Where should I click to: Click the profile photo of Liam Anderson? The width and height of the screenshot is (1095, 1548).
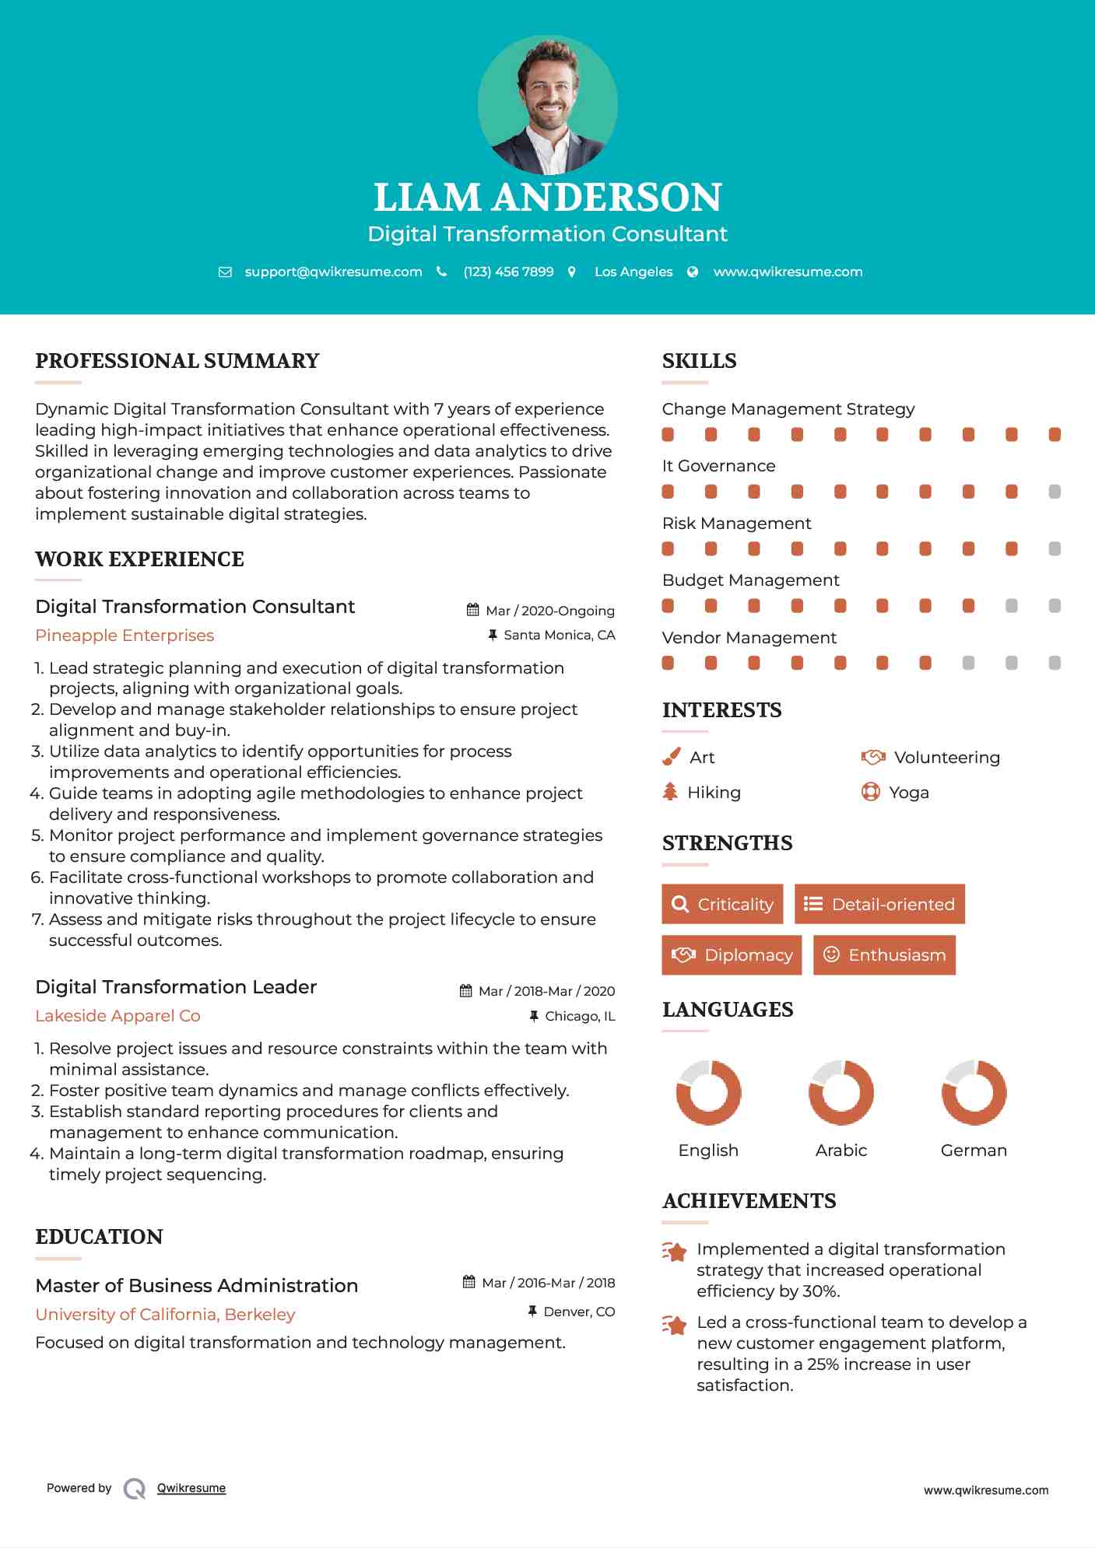point(547,105)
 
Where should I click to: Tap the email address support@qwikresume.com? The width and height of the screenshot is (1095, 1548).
point(333,271)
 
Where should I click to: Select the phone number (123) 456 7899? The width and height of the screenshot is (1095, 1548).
point(508,271)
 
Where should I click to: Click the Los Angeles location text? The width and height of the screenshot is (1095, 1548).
point(633,271)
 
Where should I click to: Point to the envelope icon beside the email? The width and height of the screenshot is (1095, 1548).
point(225,272)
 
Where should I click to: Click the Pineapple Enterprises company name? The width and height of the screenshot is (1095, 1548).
point(125,636)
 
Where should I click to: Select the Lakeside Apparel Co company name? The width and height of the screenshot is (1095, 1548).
point(118,1016)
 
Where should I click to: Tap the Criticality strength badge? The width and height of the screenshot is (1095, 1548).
point(722,904)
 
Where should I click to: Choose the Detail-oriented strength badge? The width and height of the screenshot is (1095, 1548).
point(879,904)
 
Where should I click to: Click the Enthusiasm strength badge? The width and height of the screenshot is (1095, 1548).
point(884,954)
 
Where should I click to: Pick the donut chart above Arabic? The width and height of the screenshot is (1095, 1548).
point(841,1092)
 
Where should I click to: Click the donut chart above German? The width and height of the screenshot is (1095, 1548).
point(974,1092)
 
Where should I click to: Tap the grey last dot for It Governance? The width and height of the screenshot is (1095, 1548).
point(1055,492)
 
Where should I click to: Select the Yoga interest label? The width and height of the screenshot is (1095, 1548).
point(908,793)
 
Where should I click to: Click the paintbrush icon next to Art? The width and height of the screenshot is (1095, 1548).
point(671,757)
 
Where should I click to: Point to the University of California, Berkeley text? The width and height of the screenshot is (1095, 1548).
point(165,1315)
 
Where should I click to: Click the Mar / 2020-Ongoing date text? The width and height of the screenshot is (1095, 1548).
point(549,611)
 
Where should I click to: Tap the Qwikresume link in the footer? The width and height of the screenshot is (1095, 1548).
point(191,1488)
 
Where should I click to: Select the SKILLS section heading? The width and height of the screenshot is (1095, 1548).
point(699,361)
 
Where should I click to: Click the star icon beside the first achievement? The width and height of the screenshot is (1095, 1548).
point(675,1252)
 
